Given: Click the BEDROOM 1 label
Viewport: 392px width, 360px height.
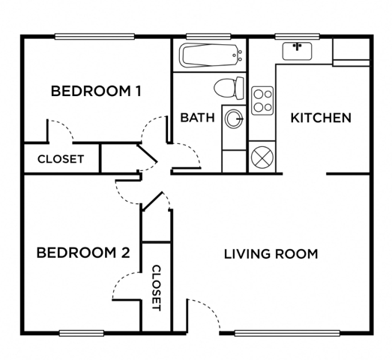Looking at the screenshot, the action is point(96,91).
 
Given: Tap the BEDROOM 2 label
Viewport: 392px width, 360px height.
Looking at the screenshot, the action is point(83,253).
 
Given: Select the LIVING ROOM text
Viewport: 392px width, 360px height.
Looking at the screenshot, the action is point(271,254).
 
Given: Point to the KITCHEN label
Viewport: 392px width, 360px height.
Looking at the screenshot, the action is point(321,118).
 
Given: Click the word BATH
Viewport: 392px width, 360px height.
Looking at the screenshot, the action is point(198,118).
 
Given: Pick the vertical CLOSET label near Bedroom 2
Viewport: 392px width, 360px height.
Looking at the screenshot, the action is point(157,288).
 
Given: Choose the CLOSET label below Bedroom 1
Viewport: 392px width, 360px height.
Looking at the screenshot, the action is point(61,159).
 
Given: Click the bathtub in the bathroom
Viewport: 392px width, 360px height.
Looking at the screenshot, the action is point(211,55).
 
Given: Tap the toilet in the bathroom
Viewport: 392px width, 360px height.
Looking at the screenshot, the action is point(229,88).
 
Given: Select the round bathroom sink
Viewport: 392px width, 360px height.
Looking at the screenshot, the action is point(234,119).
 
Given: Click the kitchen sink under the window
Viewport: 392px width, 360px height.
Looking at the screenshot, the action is point(298,51).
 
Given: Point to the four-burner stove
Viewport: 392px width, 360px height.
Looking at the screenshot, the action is point(262,100).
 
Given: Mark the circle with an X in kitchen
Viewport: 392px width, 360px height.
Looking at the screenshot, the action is point(262,157).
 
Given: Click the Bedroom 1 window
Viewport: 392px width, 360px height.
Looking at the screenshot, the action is point(94,37).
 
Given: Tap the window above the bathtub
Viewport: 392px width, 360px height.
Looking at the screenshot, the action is point(208,37).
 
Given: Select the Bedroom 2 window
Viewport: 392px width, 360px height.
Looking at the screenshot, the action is point(82,333).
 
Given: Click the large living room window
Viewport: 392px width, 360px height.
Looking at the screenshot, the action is point(287,333).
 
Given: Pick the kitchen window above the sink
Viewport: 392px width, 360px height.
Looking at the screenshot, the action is point(298,37).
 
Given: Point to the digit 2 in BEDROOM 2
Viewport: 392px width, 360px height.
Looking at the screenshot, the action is point(125,253).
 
